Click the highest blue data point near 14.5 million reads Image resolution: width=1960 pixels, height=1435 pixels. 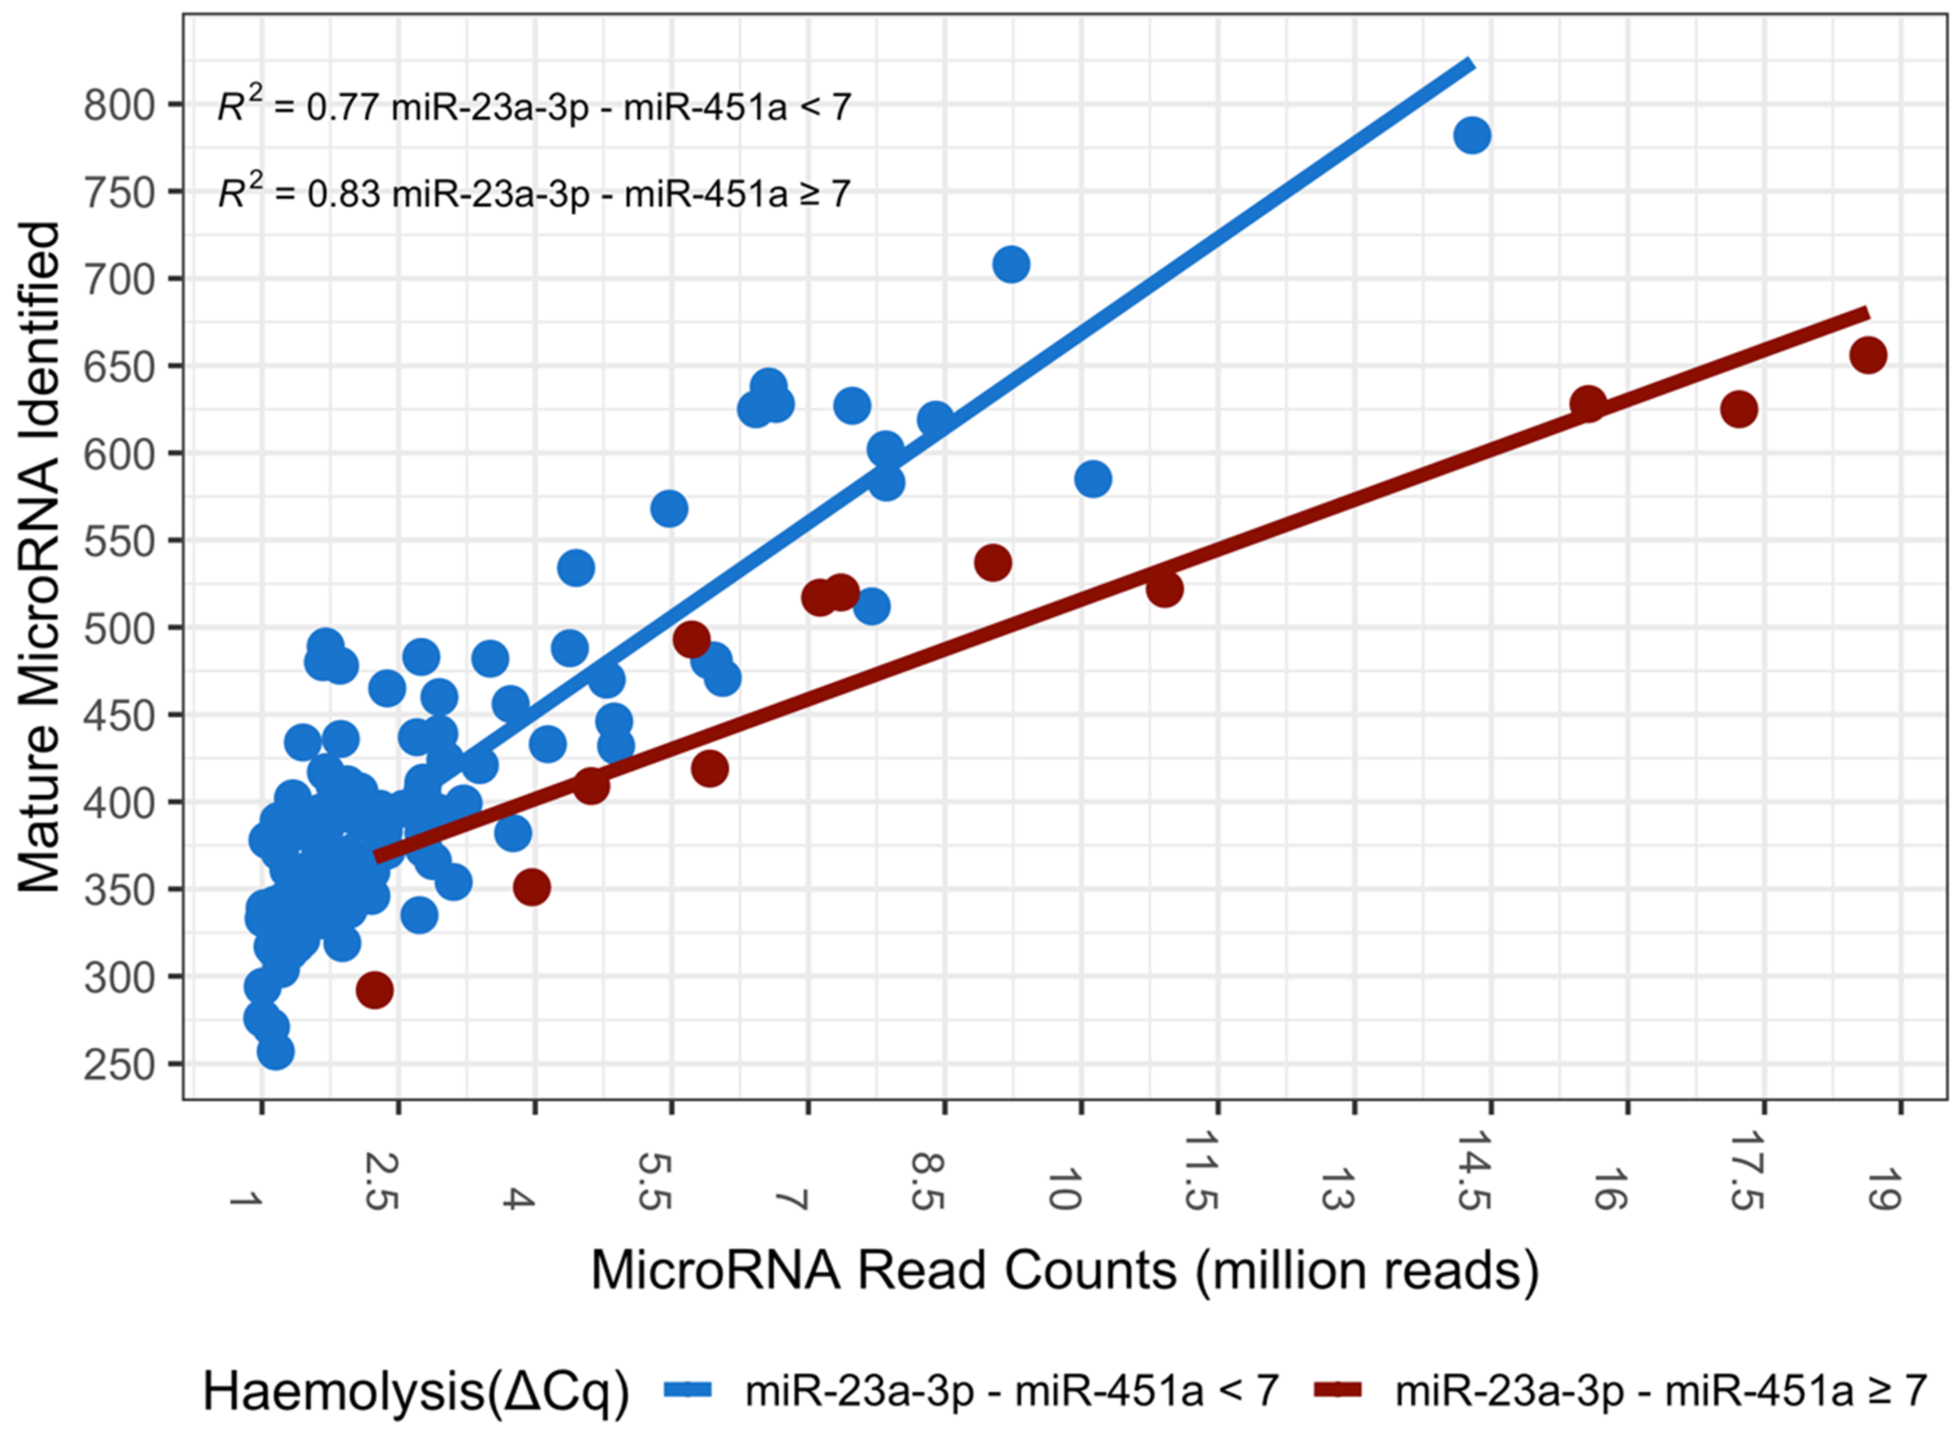point(1472,136)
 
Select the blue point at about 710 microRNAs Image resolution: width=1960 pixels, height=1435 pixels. point(1011,264)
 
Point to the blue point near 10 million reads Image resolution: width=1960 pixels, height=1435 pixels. point(1092,479)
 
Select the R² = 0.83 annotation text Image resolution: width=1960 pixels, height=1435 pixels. point(533,193)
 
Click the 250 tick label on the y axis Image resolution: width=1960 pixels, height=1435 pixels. point(119,1065)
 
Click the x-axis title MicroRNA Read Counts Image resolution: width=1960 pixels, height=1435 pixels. point(1065,1272)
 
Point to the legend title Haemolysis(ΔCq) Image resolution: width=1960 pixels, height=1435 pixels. point(415,1392)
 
